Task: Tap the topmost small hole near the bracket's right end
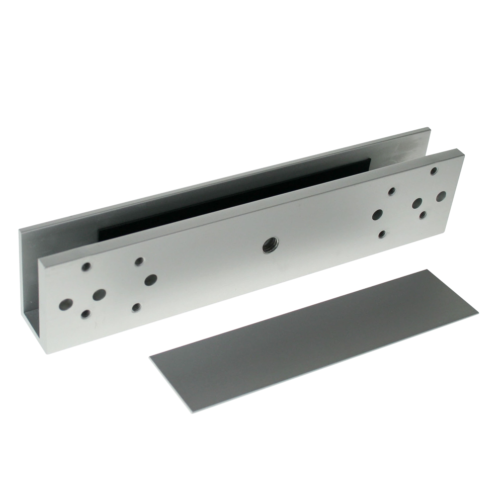pyautogui.click(x=432, y=171)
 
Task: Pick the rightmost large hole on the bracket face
pyautogui.click(x=441, y=195)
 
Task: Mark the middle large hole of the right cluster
pyautogui.click(x=417, y=203)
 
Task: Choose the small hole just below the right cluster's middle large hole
pyautogui.click(x=423, y=215)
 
